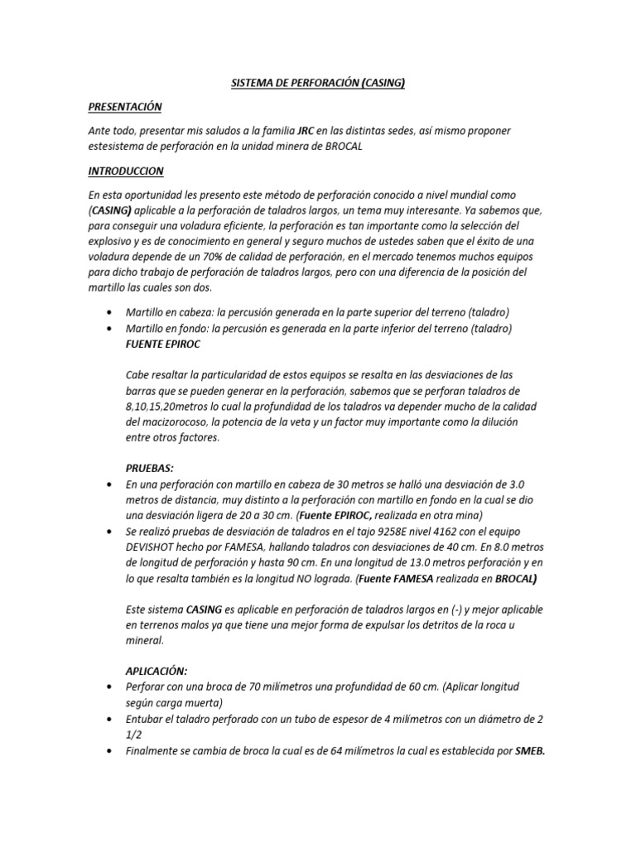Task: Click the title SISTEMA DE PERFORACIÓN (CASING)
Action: click(317, 83)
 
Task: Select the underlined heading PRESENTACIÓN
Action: click(125, 107)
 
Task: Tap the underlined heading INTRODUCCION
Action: click(126, 171)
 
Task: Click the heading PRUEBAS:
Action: click(149, 468)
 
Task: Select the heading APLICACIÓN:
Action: click(157, 672)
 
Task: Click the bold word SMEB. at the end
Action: click(531, 751)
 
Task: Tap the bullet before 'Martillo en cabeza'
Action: click(111, 313)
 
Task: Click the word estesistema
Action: click(119, 146)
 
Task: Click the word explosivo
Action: click(113, 241)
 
